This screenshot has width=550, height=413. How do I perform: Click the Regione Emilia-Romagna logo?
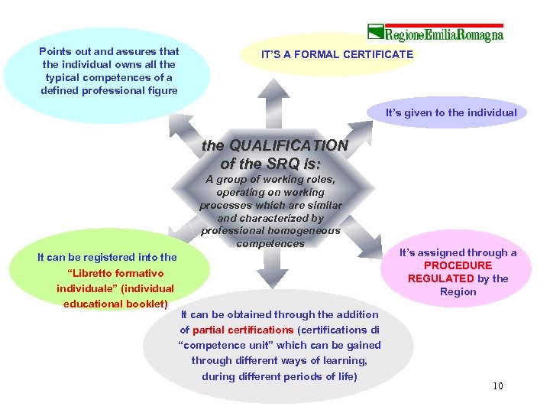click(436, 34)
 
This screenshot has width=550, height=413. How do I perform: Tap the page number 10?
click(497, 385)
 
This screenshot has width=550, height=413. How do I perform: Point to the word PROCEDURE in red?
click(458, 265)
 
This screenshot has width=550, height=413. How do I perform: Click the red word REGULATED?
click(441, 278)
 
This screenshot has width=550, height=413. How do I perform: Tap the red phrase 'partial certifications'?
click(243, 330)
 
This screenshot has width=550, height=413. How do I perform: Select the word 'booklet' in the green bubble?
click(143, 303)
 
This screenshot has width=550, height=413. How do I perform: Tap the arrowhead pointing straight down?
click(271, 280)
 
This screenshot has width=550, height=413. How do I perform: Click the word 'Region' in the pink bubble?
click(458, 291)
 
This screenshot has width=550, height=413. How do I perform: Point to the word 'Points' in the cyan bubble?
click(55, 52)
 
